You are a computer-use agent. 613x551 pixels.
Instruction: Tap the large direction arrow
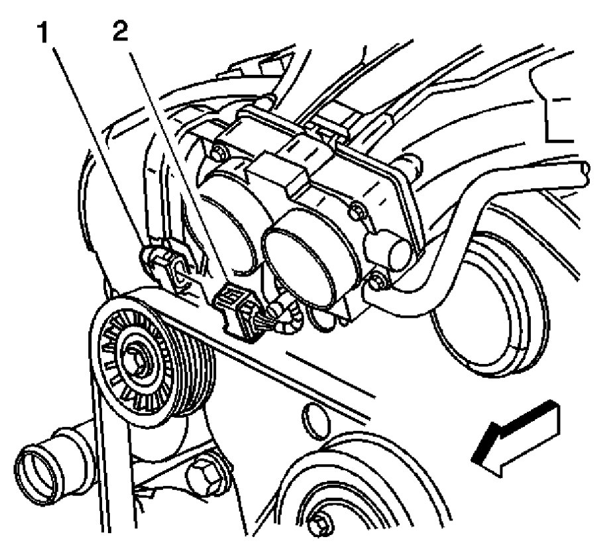pyautogui.click(x=517, y=440)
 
